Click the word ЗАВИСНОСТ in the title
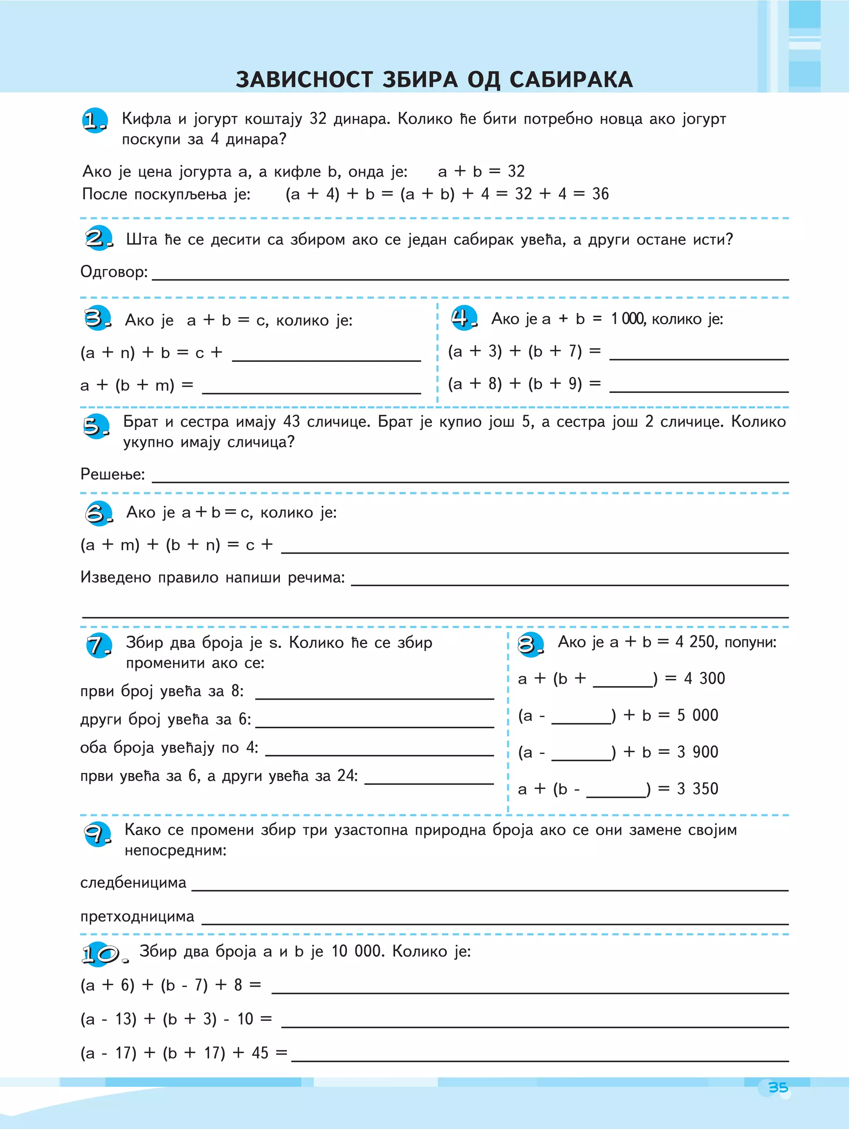[x=304, y=80]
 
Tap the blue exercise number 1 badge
[x=95, y=121]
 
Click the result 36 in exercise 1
[x=600, y=194]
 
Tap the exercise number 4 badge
[x=463, y=318]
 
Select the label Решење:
[x=113, y=474]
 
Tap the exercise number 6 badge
[x=98, y=513]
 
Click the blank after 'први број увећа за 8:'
[x=374, y=692]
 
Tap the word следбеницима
[x=133, y=882]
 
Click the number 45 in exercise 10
[x=260, y=1053]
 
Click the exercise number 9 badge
[x=97, y=834]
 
